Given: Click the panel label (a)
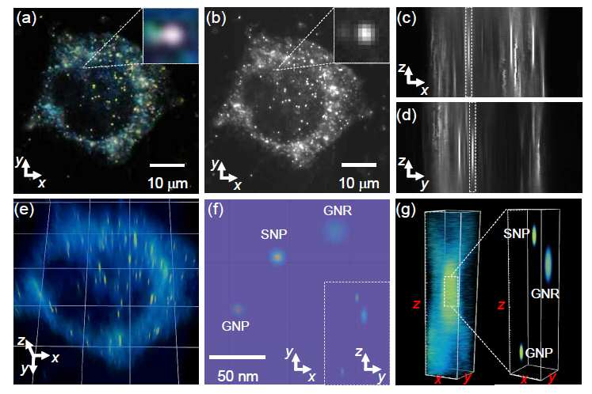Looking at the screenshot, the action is pos(26,18).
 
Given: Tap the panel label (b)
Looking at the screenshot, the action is pos(216,18).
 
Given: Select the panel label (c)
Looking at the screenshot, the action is pos(407,18).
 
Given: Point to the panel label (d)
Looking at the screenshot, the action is pos(407,115).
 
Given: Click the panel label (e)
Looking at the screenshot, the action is pos(24,210).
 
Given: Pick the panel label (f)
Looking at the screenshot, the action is pos(216,210).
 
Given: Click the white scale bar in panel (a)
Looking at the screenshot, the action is pos(167,165).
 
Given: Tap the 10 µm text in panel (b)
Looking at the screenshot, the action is pos(359,184).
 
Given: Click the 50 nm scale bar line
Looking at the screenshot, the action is pos(237,357).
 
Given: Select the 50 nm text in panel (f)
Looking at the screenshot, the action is pos(238,376).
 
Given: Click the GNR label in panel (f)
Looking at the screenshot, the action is pos(338,210).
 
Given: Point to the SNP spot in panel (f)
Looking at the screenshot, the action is pos(277,257).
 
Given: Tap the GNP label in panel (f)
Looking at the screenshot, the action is pos(235,326).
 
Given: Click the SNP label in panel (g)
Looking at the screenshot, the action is pos(517,233).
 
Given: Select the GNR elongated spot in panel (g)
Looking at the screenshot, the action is pos(548,264).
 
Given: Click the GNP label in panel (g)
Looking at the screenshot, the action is pos(539,353).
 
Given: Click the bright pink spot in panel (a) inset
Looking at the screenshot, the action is pos(173,35).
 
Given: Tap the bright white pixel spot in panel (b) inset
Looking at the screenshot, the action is pos(365,33).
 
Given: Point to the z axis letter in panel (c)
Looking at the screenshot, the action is pos(402,68).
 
